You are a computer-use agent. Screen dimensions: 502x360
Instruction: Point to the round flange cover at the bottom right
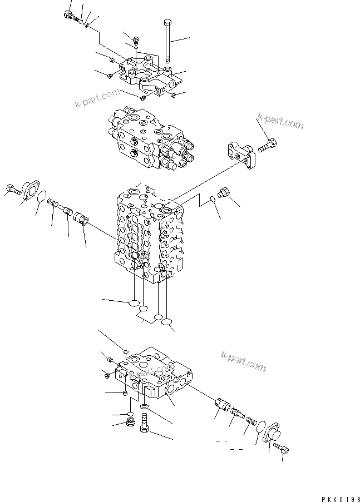pyautogui.click(x=273, y=435)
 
